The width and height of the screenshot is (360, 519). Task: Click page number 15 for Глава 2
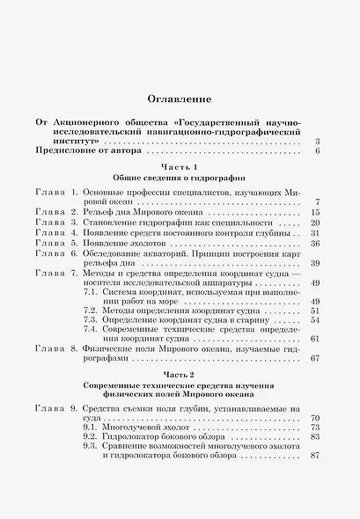coord(314,213)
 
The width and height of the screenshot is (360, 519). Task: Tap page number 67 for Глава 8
coord(314,357)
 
